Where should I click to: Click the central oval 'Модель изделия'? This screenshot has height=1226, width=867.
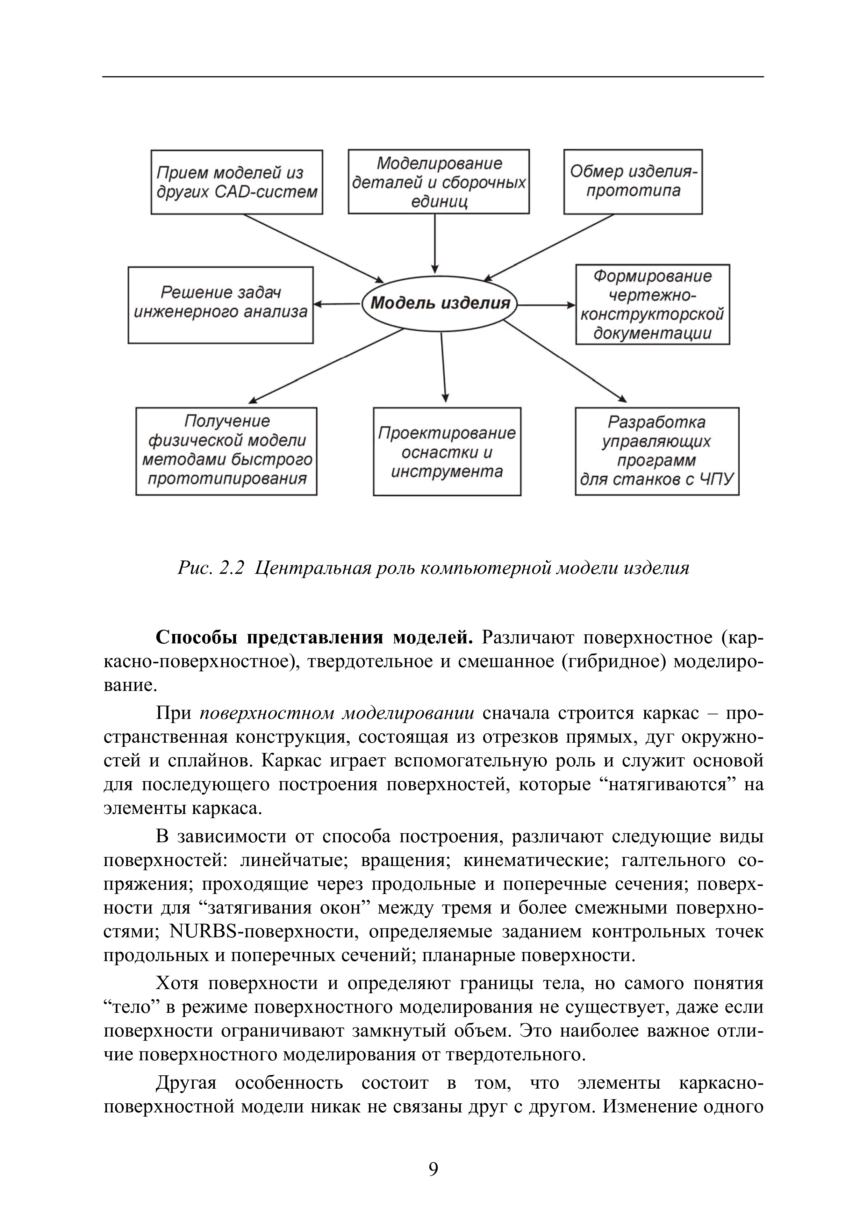pyautogui.click(x=440, y=304)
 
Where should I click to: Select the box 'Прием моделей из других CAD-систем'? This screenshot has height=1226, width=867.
pyautogui.click(x=237, y=182)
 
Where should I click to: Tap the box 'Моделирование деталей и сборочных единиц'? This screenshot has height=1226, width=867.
pyautogui.click(x=439, y=181)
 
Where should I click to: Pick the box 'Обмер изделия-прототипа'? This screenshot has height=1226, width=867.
pyautogui.click(x=633, y=181)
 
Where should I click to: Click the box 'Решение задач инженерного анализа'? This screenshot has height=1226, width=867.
pyautogui.click(x=221, y=305)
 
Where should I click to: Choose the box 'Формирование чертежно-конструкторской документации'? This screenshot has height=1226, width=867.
pyautogui.click(x=652, y=304)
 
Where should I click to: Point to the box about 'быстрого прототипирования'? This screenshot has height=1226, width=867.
pyautogui.click(x=227, y=451)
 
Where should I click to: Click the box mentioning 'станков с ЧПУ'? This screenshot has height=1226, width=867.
pyautogui.click(x=657, y=451)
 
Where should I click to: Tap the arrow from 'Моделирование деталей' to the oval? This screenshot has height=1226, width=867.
pyautogui.click(x=435, y=244)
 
